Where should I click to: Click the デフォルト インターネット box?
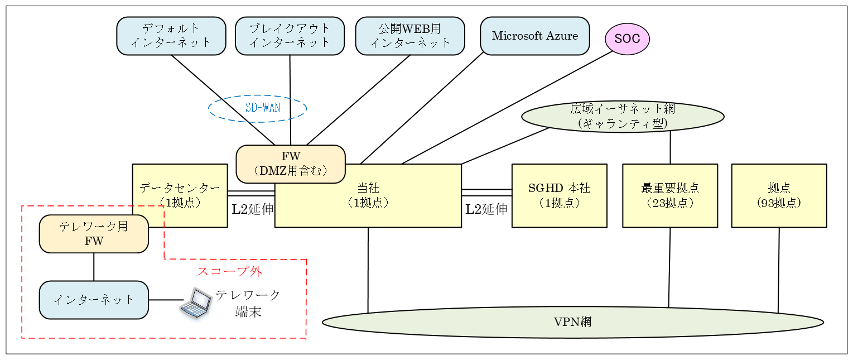[171, 36]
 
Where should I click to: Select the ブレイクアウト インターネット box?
[290, 36]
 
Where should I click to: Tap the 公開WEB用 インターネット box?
[409, 36]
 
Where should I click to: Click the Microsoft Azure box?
[534, 36]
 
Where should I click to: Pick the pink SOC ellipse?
[627, 39]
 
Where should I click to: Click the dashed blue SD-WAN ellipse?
[258, 108]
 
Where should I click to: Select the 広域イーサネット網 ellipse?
[623, 116]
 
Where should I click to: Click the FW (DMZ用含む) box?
[290, 164]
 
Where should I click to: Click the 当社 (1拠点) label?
[368, 195]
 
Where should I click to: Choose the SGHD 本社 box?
[559, 195]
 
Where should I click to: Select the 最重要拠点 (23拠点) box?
[669, 195]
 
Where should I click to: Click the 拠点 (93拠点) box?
[779, 195]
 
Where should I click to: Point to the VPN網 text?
[572, 322]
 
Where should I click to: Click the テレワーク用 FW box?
[94, 233]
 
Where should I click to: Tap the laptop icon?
[196, 303]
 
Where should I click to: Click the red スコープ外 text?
[229, 272]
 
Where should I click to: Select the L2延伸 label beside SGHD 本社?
[486, 209]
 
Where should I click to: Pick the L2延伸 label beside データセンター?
[253, 209]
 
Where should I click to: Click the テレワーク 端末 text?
[248, 303]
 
